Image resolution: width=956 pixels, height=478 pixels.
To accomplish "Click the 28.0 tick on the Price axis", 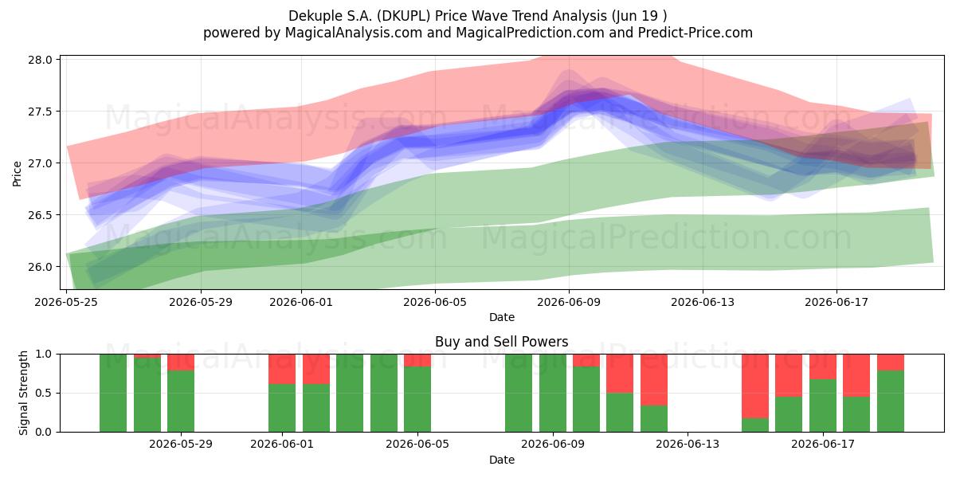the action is (40, 60).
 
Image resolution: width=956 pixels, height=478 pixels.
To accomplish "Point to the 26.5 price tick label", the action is (40, 215).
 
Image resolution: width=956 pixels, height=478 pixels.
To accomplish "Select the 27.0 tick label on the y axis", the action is (40, 163).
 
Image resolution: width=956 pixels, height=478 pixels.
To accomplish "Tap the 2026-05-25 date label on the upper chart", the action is (66, 302).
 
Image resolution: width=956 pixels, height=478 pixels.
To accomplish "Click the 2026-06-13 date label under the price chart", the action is (703, 302).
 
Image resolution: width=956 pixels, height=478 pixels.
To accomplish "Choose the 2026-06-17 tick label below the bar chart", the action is (823, 445).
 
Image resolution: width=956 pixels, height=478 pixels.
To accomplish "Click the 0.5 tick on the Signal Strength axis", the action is (43, 393).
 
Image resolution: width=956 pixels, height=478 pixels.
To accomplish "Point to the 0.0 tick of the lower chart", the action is (43, 433).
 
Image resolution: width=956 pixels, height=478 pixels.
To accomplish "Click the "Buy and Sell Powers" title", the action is (501, 342).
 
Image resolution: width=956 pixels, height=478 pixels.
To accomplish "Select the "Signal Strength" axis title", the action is (23, 393).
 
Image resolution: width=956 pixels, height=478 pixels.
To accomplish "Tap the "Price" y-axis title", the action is (17, 174).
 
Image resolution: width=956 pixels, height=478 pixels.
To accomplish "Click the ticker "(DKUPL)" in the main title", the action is (405, 16).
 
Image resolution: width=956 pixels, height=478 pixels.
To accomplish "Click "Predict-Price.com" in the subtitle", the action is (695, 33).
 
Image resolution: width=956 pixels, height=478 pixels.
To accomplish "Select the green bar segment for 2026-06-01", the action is (282, 408).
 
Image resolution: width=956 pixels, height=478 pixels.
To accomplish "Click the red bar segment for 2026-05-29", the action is (181, 362).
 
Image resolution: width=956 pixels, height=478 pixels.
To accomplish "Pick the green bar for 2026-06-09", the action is (553, 393).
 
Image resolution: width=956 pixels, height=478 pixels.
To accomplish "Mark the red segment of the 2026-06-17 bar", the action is (823, 366).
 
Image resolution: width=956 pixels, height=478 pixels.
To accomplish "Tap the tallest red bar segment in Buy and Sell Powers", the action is (755, 386).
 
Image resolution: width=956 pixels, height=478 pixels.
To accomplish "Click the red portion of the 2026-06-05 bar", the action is (417, 360).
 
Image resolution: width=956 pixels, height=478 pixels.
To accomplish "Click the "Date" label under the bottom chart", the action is (501, 460).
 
